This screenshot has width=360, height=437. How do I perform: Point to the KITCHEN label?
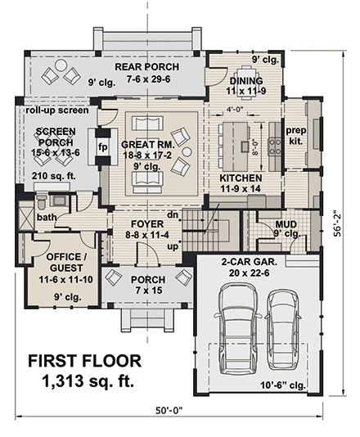click(x=241, y=178)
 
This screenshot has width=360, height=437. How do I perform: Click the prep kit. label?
click(x=295, y=135)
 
